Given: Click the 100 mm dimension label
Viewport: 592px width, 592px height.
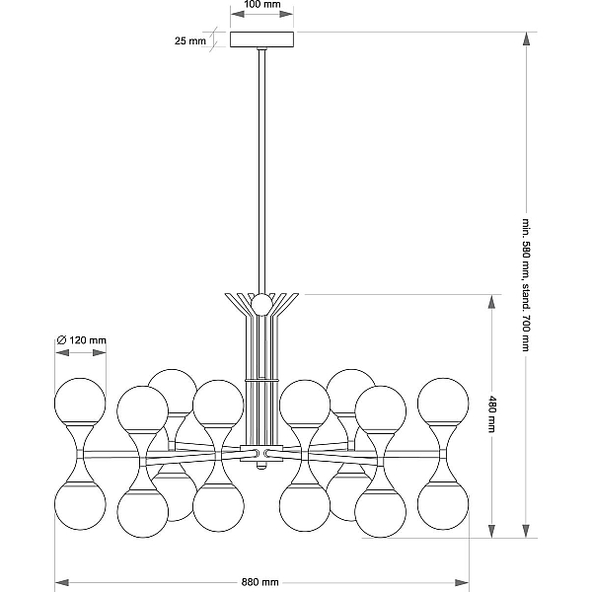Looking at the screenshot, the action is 262,5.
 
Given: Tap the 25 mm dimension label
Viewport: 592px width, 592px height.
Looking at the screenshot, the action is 189,40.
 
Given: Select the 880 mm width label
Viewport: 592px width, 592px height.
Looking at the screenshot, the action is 259,582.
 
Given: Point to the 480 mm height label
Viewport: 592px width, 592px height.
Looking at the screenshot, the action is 492,413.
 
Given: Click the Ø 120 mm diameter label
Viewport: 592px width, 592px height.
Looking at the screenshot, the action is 81,340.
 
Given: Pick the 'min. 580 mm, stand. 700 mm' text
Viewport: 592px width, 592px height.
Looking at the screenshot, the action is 526,285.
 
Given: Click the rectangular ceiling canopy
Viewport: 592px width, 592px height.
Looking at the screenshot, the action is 262,39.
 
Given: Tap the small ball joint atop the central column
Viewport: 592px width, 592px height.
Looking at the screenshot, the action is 261,304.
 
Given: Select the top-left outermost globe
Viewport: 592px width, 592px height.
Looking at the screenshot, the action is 80,403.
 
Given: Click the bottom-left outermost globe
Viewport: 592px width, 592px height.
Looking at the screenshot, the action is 80,505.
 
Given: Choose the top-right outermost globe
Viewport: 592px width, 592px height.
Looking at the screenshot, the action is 443,403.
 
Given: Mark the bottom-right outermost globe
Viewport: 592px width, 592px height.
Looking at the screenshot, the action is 443,505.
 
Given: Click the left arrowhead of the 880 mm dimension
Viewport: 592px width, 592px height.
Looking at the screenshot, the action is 61,582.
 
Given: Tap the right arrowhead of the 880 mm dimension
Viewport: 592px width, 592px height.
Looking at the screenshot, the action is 462,582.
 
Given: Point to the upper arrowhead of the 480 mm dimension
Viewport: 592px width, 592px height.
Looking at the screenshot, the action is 491,302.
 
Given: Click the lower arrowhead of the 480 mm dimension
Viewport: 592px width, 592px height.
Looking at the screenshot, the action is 491,531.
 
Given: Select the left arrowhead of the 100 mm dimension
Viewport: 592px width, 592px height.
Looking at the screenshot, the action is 237,14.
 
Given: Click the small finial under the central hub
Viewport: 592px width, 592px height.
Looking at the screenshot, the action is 259,466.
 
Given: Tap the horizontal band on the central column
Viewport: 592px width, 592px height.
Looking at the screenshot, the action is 261,380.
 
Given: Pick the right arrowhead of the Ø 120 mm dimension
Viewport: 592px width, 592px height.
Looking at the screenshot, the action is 100,352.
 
